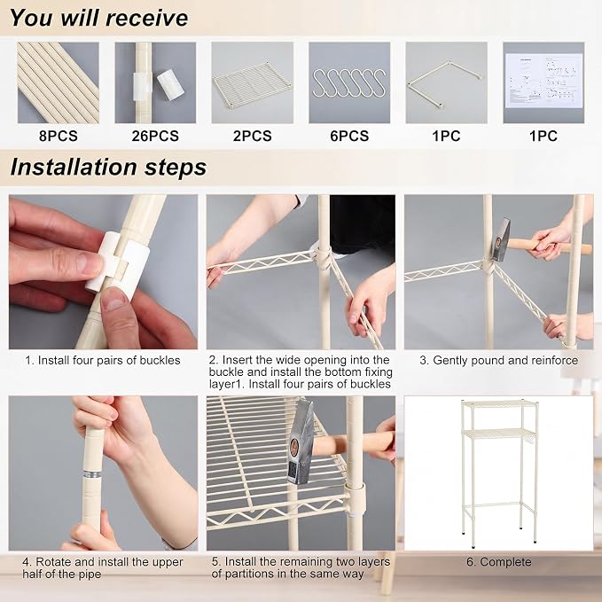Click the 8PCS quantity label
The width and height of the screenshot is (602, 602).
(58, 136)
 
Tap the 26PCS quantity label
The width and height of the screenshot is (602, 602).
(155, 136)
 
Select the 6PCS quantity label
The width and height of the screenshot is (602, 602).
(349, 136)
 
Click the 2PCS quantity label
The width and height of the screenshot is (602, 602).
(253, 136)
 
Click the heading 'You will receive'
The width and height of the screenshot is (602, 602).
(99, 18)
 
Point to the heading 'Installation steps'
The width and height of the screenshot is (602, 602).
(108, 167)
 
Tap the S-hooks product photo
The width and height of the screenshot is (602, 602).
(349, 82)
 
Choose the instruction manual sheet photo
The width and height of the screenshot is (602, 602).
(543, 82)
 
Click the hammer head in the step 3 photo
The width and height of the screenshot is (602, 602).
(502, 239)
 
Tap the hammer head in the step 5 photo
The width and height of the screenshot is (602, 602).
(301, 442)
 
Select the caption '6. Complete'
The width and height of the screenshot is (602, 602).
(499, 562)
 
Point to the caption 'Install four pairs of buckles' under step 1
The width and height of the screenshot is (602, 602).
(109, 360)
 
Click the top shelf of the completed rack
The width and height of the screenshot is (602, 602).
(499, 404)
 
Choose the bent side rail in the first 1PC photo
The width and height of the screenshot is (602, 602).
(445, 82)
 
